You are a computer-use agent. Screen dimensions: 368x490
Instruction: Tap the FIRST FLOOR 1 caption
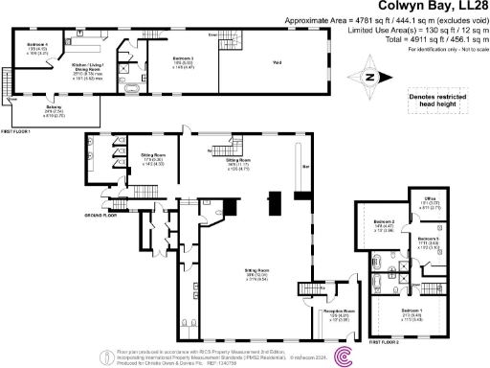coord(20,130)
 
